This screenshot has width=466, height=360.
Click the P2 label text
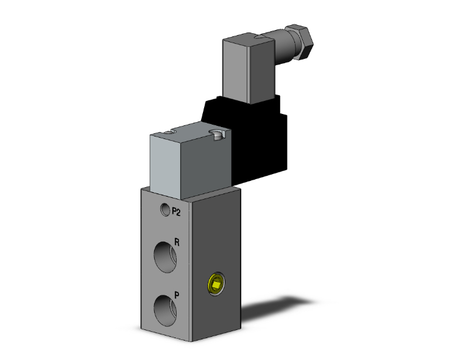(177, 212)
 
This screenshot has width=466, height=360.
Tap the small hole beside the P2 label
(165, 210)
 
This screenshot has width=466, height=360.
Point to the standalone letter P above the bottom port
(178, 292)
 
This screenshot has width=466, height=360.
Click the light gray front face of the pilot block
(169, 163)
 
